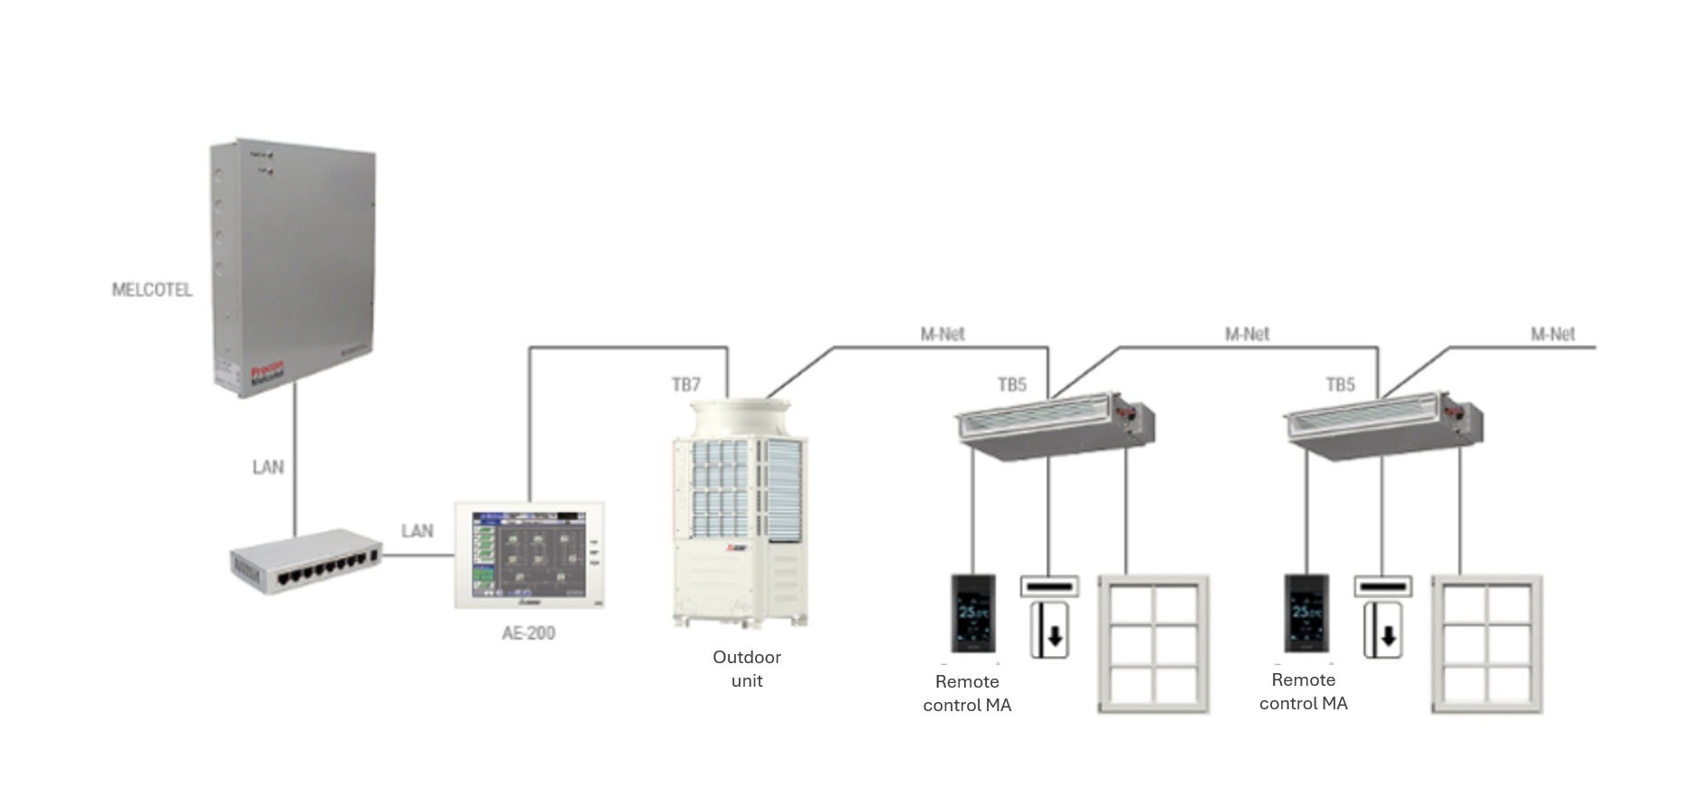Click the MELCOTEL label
tap(152, 290)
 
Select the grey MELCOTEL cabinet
tap(293, 267)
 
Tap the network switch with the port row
tap(305, 562)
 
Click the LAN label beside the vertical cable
tap(268, 467)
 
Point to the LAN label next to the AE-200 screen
tap(417, 530)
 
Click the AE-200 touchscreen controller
tap(530, 555)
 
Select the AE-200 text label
tap(529, 632)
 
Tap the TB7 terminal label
tap(686, 385)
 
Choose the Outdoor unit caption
tap(747, 669)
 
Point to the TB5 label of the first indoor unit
tap(1012, 385)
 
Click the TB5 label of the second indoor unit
tap(1341, 385)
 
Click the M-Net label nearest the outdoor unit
tap(942, 334)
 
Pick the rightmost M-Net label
tap(1553, 334)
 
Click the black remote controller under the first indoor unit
tap(973, 613)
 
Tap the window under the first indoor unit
tap(1154, 644)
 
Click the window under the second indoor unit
tap(1487, 644)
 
